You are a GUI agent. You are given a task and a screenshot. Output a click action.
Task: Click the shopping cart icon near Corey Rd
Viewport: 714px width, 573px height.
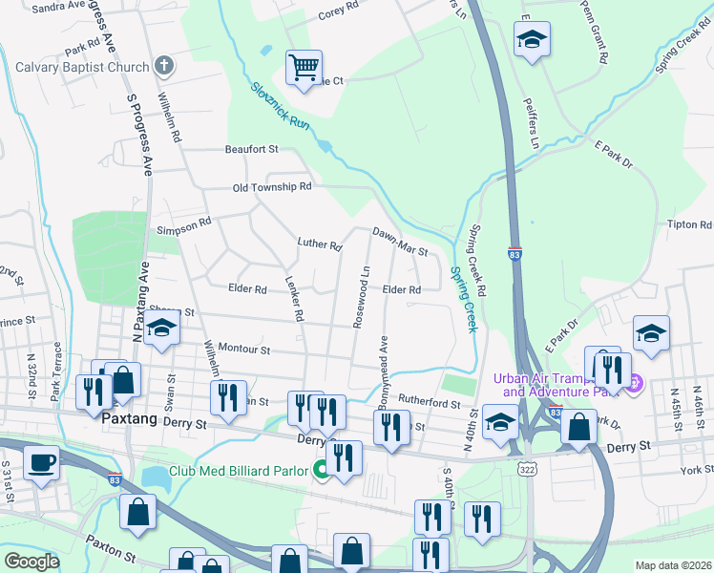pyautogui.click(x=304, y=68)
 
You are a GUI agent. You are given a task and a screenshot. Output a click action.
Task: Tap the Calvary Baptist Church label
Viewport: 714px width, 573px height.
pyautogui.click(x=82, y=67)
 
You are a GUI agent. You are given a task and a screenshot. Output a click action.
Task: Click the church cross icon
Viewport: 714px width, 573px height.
pyautogui.click(x=164, y=67)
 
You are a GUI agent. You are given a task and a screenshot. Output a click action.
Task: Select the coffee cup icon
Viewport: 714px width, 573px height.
pyautogui.click(x=41, y=462)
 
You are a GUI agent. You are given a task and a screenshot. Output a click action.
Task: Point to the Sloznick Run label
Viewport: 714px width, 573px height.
pyautogui.click(x=282, y=108)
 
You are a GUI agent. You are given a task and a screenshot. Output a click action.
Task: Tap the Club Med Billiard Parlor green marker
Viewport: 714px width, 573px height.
pyautogui.click(x=322, y=470)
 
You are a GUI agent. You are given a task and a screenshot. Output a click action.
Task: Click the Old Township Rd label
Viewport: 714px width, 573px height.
pyautogui.click(x=273, y=187)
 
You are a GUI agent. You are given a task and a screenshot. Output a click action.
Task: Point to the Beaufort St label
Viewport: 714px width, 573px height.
pyautogui.click(x=251, y=149)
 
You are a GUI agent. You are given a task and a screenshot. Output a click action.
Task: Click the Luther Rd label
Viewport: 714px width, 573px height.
pyautogui.click(x=319, y=245)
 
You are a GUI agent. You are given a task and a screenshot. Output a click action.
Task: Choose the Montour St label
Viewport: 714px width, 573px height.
pyautogui.click(x=245, y=350)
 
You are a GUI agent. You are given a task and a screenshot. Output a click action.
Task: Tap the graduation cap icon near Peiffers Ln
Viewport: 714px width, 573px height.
pyautogui.click(x=532, y=39)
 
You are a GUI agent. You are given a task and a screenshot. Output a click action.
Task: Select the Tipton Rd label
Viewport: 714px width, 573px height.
pyautogui.click(x=690, y=225)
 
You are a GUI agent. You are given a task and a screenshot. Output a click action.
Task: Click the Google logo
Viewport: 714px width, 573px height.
pyautogui.click(x=31, y=562)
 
